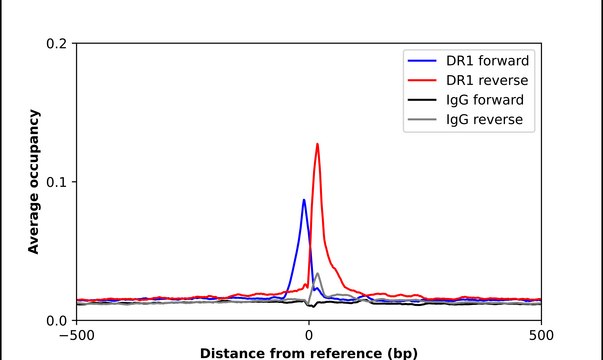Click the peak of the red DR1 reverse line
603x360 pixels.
tap(317, 144)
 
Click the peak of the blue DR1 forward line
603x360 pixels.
tap(304, 200)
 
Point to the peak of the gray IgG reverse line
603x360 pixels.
tap(317, 273)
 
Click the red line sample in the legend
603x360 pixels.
tap(422, 80)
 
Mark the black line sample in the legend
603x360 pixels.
tap(422, 101)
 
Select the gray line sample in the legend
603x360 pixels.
tap(422, 122)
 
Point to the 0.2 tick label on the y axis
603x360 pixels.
tap(57, 44)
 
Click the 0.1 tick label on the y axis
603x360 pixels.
tap(57, 182)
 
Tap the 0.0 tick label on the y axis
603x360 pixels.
tap(57, 320)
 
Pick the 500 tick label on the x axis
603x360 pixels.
tap(541, 335)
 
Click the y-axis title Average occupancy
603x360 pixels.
tap(34, 182)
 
